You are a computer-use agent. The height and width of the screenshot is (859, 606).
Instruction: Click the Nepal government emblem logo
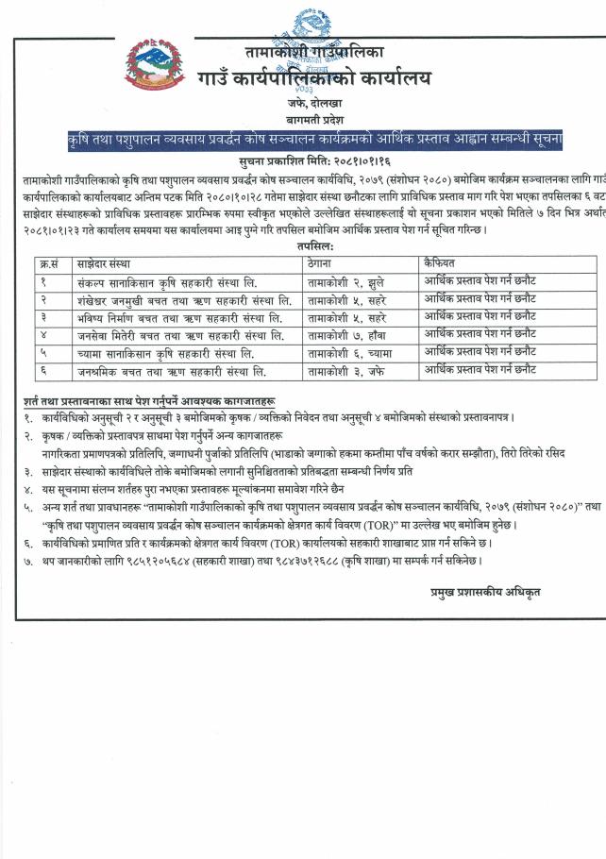[155, 64]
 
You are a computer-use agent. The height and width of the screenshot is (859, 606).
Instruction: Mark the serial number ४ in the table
[43, 334]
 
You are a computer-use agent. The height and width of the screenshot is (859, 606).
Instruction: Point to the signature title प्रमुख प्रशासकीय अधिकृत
[480, 591]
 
